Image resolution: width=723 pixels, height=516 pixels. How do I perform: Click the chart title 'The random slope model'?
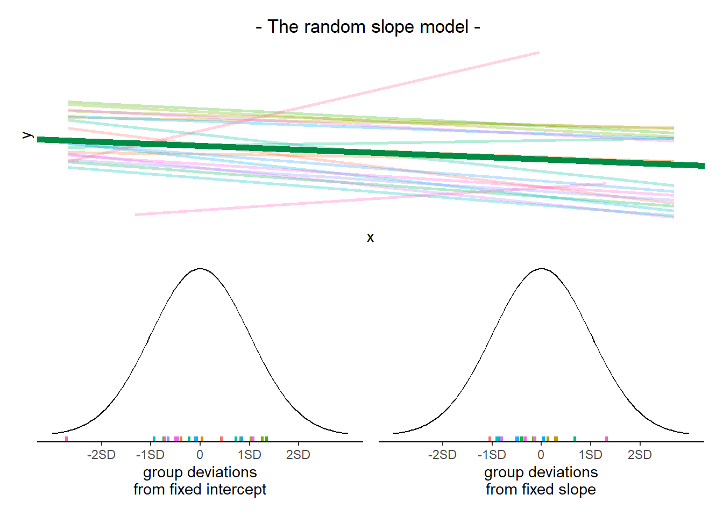pos(368,27)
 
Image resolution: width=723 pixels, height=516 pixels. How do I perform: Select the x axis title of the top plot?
pos(370,238)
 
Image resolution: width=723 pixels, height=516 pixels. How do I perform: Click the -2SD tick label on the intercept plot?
pos(101,455)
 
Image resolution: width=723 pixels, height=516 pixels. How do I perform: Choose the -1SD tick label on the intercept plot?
pos(150,455)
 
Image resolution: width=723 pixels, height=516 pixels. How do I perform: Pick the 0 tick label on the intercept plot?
pos(200,455)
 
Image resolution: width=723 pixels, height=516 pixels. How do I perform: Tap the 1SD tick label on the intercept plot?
pos(249,455)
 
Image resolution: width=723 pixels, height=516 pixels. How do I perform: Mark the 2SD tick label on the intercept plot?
pos(298,455)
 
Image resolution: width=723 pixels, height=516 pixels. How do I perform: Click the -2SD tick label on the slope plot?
pos(442,455)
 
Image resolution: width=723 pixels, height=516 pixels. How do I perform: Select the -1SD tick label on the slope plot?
pos(492,455)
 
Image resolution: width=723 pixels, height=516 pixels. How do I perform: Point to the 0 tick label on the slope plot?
pos(541,455)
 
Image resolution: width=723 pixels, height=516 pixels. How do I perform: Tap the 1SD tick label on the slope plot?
pos(590,455)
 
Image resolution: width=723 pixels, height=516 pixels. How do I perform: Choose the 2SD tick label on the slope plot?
pos(640,455)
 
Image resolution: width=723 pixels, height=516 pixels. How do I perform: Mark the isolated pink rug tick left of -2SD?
pos(67,439)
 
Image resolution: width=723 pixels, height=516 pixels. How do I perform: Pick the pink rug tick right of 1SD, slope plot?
pos(606,439)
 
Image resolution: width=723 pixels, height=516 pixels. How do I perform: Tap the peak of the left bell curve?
pos(200,268)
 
